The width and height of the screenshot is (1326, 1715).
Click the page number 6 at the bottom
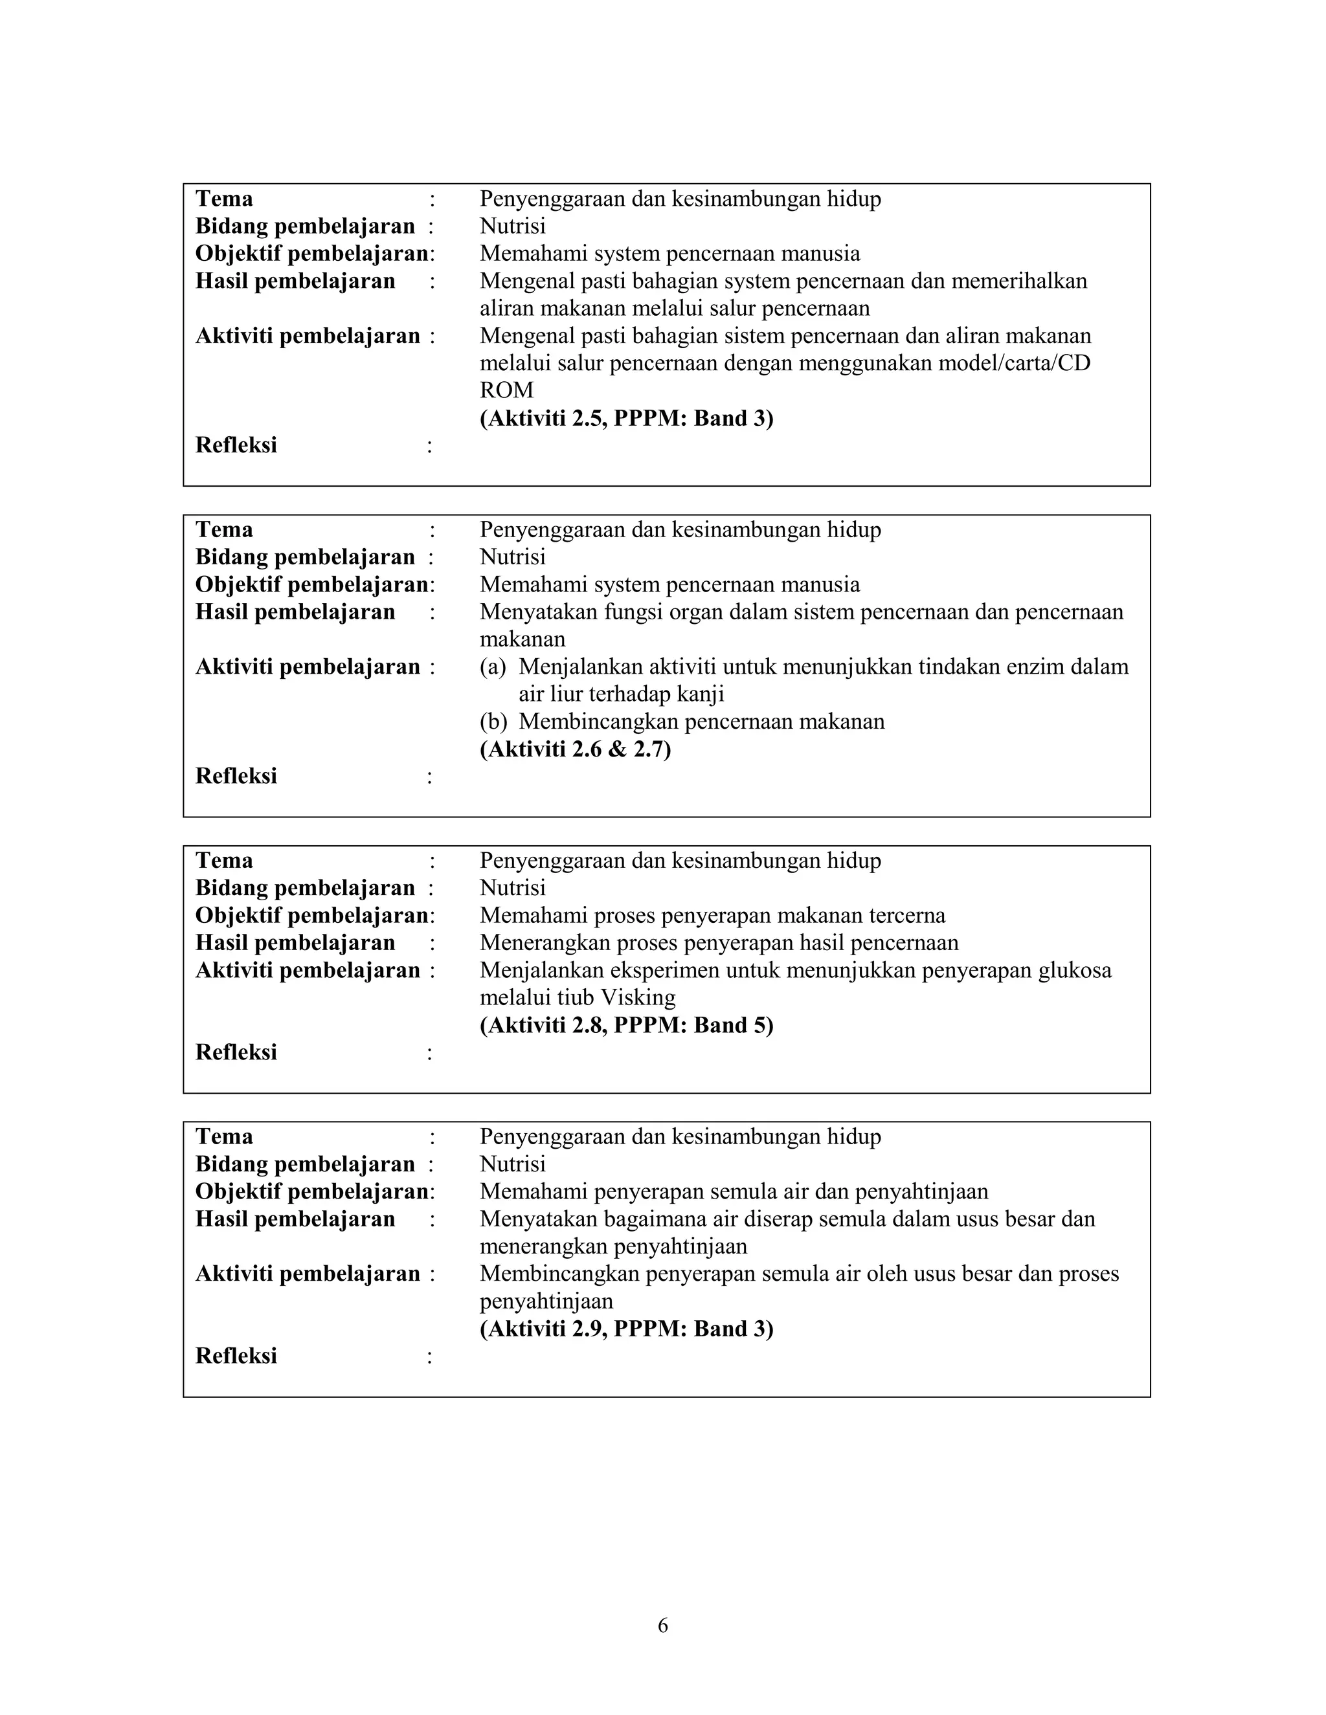tap(662, 1626)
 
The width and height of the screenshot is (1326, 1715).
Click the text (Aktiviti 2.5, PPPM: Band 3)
tap(626, 419)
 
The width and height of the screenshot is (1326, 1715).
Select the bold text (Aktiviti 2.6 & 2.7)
tap(575, 749)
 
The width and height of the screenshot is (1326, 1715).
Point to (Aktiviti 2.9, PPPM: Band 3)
tap(626, 1329)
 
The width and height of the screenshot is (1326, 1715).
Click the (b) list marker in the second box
tap(493, 722)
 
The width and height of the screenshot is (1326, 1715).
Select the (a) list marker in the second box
tap(493, 667)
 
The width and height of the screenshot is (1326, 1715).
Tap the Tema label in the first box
tap(224, 199)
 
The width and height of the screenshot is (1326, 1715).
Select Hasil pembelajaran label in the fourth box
tap(295, 1219)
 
